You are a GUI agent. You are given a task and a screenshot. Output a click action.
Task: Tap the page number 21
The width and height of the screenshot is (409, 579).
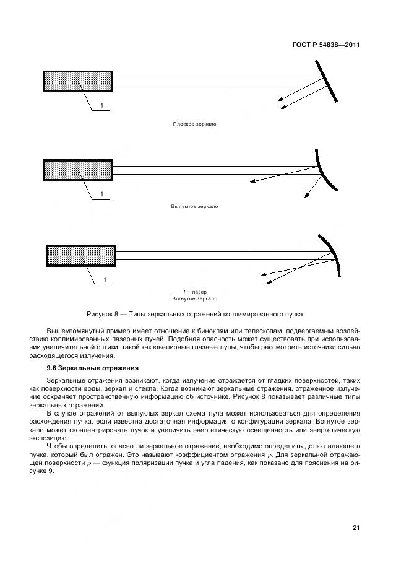(x=356, y=528)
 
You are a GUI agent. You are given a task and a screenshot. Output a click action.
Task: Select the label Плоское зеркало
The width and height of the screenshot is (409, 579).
(x=194, y=124)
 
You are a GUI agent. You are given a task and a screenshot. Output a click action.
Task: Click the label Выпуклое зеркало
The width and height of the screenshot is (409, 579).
(x=194, y=206)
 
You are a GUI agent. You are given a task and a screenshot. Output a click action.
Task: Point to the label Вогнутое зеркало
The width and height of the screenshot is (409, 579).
(x=194, y=297)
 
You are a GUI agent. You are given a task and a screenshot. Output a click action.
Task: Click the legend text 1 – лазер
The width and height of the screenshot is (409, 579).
(x=194, y=291)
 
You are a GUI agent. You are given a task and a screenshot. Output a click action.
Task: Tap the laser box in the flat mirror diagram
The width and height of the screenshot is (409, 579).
(x=77, y=81)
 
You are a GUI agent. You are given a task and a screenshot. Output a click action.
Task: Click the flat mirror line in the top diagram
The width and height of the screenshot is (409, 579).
(x=326, y=80)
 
